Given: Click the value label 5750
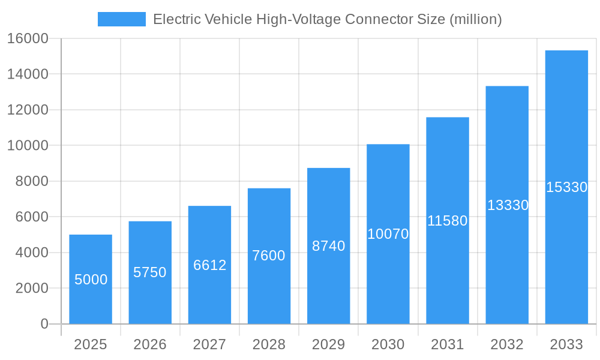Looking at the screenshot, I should click(x=150, y=272).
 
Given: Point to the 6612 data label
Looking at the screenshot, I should click(x=209, y=265).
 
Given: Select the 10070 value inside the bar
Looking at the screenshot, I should click(x=388, y=234).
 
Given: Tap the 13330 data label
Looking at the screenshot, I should click(x=508, y=205).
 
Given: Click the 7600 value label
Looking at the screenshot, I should click(x=269, y=256).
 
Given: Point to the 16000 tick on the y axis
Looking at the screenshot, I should click(x=28, y=38).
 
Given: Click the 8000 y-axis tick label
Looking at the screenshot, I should click(x=32, y=181).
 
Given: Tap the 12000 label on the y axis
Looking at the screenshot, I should click(x=28, y=110).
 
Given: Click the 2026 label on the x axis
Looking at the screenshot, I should click(x=150, y=344).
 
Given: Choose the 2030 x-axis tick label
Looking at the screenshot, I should click(x=388, y=344).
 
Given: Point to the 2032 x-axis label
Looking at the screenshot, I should click(x=507, y=344).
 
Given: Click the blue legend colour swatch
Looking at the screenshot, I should click(x=122, y=19).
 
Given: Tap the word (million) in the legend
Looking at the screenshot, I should click(x=475, y=19).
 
